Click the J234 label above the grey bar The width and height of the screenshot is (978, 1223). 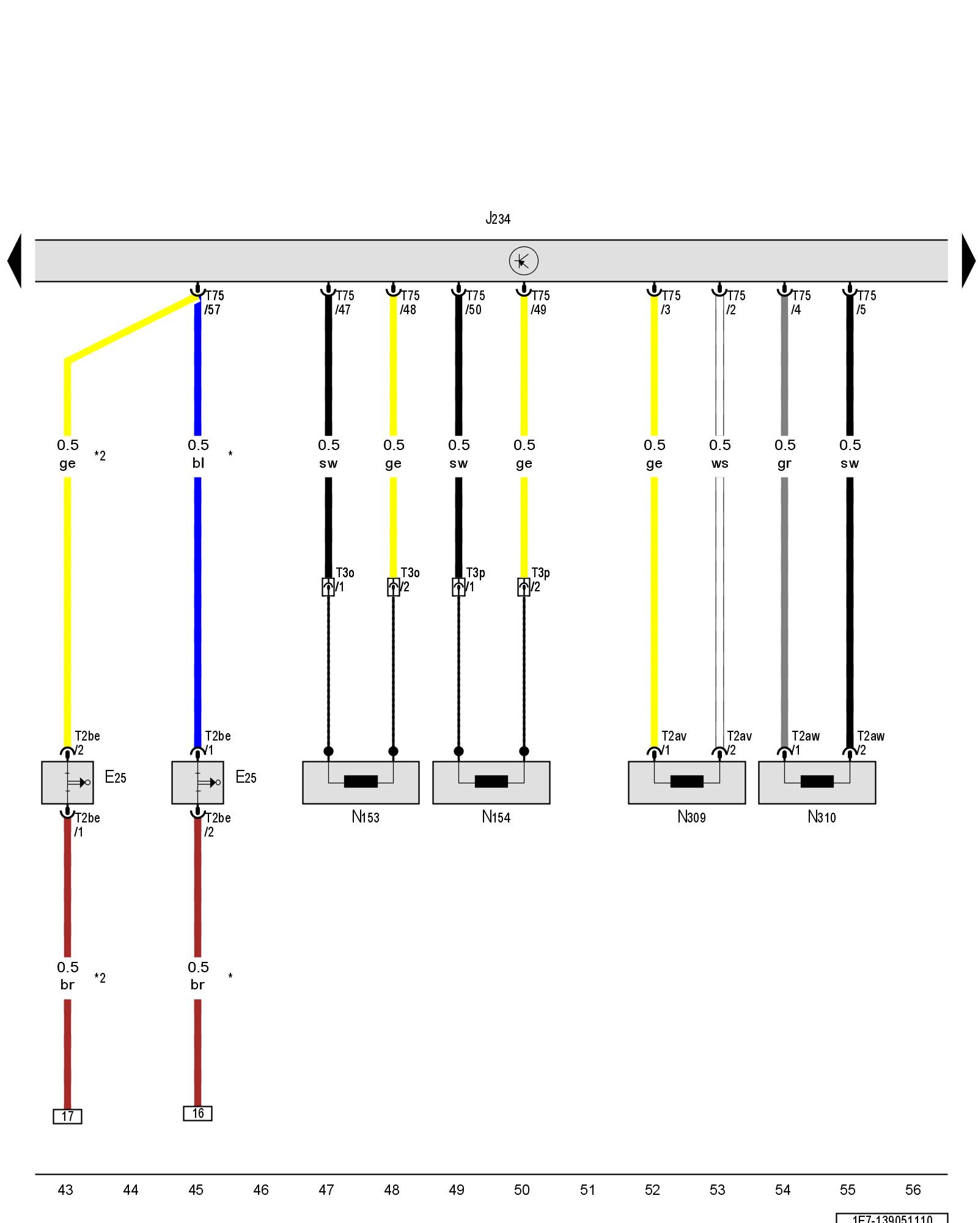pyautogui.click(x=498, y=218)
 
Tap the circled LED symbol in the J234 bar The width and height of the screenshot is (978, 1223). pyautogui.click(x=523, y=261)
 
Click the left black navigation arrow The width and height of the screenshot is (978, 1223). pyautogui.click(x=15, y=261)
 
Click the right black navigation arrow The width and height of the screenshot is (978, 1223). pyautogui.click(x=968, y=261)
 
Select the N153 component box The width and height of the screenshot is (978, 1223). pyautogui.click(x=361, y=782)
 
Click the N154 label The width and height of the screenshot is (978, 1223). pyautogui.click(x=496, y=817)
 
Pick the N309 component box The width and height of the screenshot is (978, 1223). pyautogui.click(x=686, y=782)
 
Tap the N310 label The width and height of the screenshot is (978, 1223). pyautogui.click(x=822, y=817)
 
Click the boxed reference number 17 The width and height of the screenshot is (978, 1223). pyautogui.click(x=67, y=1116)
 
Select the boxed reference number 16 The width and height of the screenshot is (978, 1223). pyautogui.click(x=197, y=1113)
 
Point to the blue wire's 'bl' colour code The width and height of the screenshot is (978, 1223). pyautogui.click(x=198, y=463)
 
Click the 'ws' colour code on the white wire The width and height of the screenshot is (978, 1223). pyautogui.click(x=719, y=464)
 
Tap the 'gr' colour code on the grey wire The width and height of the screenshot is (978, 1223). pyautogui.click(x=784, y=464)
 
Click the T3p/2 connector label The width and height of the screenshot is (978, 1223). pyautogui.click(x=540, y=580)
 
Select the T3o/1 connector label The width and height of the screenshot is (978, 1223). pyautogui.click(x=344, y=580)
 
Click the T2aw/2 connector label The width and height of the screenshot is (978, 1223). pyautogui.click(x=870, y=743)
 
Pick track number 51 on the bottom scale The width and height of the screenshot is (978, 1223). pyautogui.click(x=587, y=1189)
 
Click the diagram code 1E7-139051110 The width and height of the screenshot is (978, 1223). pyautogui.click(x=892, y=1218)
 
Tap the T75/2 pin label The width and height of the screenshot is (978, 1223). pyautogui.click(x=735, y=303)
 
